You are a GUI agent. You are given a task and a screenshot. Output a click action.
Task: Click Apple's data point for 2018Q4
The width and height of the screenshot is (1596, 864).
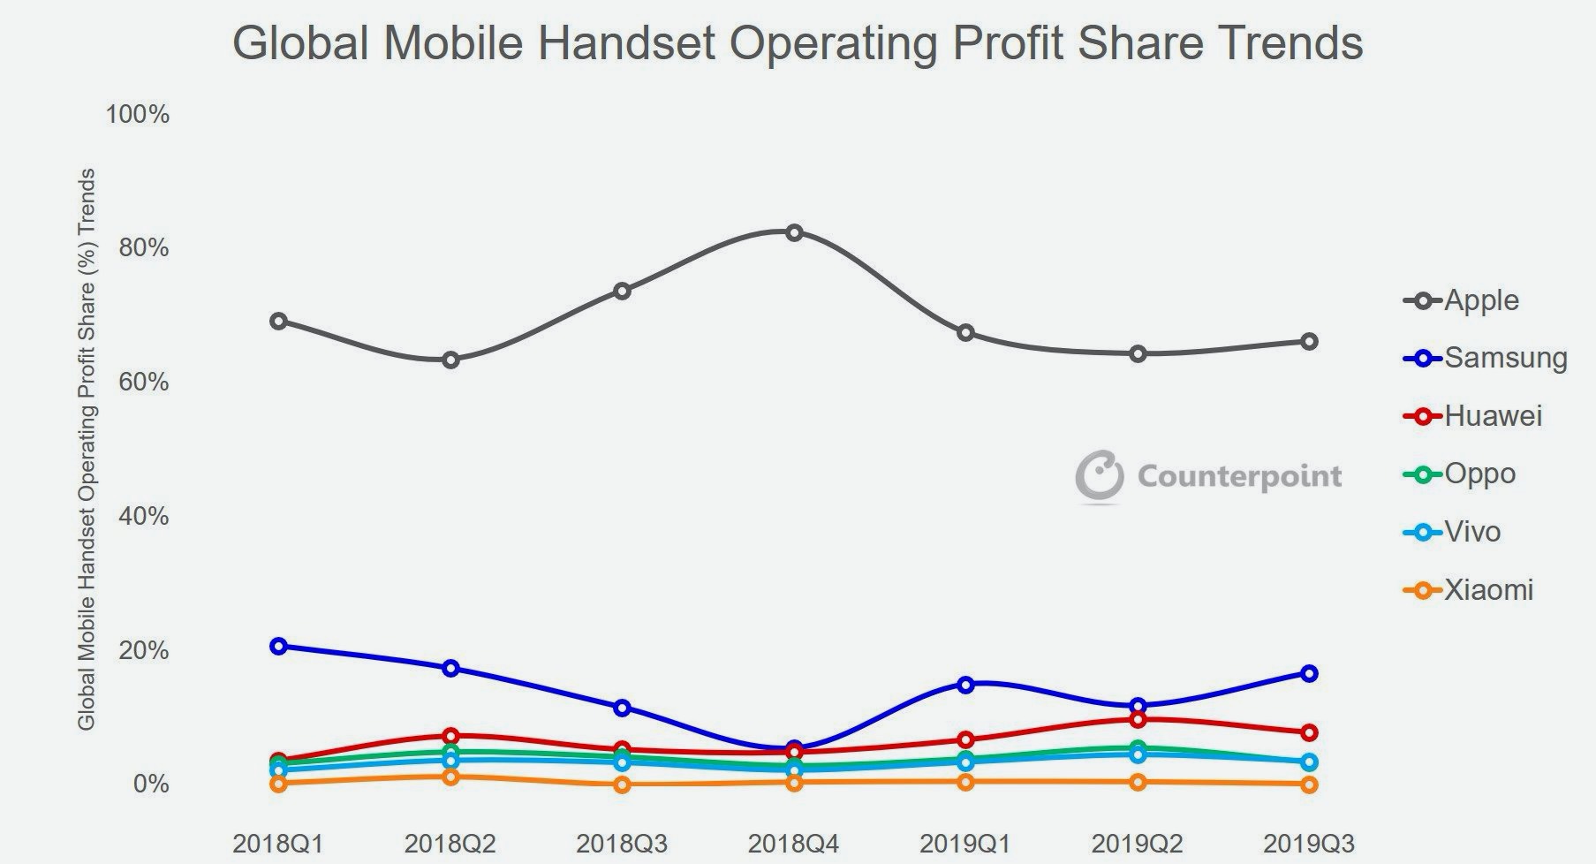[x=794, y=232]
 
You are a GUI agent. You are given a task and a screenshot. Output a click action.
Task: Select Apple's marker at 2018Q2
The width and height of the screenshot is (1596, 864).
[x=450, y=360]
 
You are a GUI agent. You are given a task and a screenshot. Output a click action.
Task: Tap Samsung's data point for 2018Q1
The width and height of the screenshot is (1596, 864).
[x=278, y=646]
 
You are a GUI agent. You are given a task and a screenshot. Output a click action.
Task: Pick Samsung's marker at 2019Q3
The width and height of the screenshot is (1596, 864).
[x=1309, y=673]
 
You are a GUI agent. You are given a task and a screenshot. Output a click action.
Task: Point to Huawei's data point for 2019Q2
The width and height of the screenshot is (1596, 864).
[x=1138, y=719]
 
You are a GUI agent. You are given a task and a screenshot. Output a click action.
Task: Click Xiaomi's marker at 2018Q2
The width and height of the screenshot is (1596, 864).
[x=450, y=777]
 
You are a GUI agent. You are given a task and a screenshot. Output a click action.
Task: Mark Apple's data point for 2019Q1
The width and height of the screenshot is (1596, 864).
[x=965, y=332]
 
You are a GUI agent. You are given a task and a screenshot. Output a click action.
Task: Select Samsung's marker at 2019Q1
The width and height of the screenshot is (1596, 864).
[x=965, y=684]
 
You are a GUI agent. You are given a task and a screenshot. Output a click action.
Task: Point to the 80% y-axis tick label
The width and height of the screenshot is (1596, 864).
[x=143, y=248]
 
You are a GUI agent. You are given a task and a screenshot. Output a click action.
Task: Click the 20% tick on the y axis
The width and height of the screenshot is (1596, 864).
[x=143, y=650]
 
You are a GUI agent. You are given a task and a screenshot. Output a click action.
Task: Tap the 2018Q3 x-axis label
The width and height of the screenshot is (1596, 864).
[x=622, y=844]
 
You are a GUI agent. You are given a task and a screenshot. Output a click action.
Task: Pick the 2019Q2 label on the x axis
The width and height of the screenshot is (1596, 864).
[x=1138, y=844]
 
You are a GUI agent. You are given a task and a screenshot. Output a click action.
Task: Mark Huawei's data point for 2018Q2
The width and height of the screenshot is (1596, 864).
[x=450, y=735]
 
